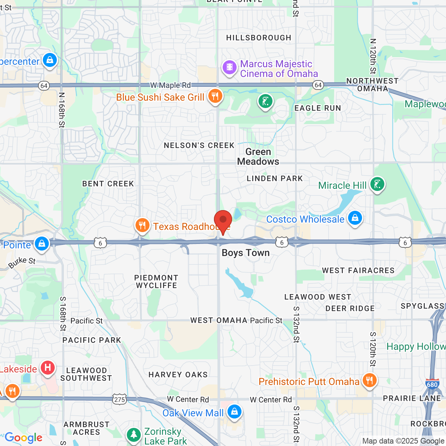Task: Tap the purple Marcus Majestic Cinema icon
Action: (x=229, y=67)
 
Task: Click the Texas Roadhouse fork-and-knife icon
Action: (x=142, y=225)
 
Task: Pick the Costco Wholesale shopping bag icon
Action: (x=355, y=218)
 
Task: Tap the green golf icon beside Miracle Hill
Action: (x=377, y=184)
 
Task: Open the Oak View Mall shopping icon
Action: (x=234, y=412)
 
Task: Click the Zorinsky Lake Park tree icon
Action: (x=133, y=435)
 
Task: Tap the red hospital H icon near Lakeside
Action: (x=48, y=368)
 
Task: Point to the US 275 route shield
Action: (x=120, y=399)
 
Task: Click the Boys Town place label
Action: (x=246, y=253)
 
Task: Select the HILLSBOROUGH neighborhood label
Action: (x=259, y=38)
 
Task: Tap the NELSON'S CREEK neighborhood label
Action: (x=199, y=145)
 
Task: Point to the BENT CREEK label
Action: (x=108, y=184)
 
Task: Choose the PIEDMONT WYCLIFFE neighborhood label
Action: (x=156, y=282)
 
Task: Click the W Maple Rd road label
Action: (x=171, y=85)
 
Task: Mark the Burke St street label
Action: (x=22, y=263)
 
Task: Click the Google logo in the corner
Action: (x=23, y=438)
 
